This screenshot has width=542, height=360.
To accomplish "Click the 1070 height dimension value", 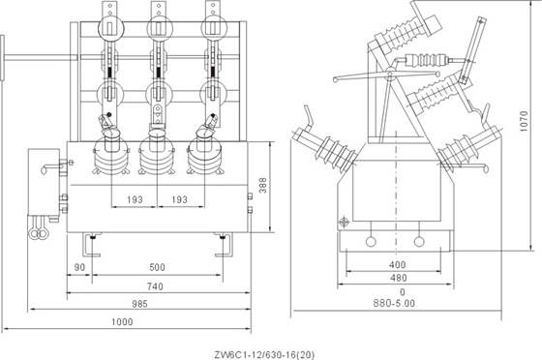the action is point(524,121).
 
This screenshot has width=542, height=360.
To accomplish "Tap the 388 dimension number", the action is point(263,185).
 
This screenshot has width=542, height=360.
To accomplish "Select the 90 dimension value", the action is point(79,267).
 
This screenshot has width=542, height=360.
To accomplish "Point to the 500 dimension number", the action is point(157,267).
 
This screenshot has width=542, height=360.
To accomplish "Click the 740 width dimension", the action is point(155,286).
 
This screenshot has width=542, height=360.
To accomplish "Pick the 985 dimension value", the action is point(139,304).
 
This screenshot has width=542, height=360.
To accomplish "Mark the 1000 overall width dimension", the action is point(122,322).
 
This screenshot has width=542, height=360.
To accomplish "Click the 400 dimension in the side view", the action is point(397,265).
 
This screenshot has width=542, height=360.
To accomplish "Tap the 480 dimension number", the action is point(399,278).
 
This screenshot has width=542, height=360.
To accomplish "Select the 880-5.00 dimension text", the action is point(394,303).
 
